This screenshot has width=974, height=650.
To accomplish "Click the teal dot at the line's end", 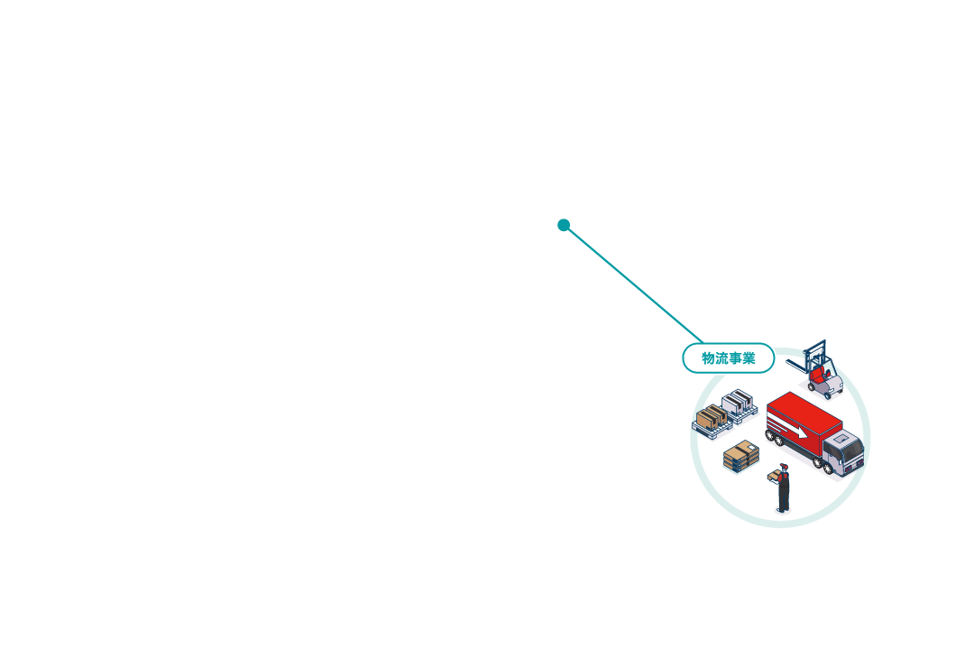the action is coord(564,225).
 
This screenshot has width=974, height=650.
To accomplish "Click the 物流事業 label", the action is coord(729,358).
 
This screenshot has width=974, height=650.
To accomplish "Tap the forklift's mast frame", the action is coord(815,355).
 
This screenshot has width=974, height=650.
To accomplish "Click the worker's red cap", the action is coord(785,466).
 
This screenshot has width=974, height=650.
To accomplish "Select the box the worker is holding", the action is coord(774,476).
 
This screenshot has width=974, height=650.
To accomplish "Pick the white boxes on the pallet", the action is coord(738,402).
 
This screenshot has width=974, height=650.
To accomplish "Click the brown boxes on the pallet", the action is coord(712,416).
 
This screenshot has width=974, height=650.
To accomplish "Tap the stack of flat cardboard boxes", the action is coord(741,456).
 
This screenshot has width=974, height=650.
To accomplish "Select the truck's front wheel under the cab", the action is coord(828,468).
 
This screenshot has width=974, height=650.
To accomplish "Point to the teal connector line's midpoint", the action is coord(633,283).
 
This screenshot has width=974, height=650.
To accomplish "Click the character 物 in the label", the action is coord(708,358).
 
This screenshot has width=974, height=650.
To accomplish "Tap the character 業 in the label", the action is coord(749,358).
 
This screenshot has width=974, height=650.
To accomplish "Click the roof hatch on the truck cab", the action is coord(841,439).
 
